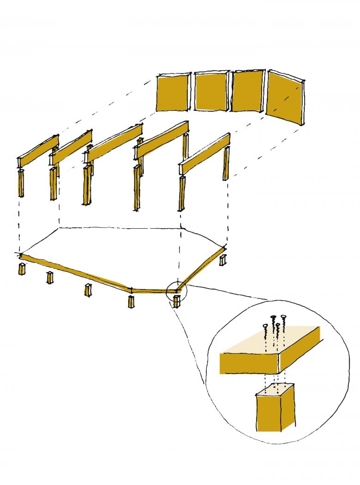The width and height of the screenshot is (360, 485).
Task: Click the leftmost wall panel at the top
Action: (x=173, y=92)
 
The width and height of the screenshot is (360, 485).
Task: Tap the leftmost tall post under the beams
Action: (x=20, y=183)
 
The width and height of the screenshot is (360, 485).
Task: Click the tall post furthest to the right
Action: (x=226, y=164)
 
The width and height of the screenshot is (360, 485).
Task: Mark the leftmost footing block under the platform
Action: (x=21, y=269)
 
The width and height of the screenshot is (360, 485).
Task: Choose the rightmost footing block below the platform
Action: (x=223, y=260)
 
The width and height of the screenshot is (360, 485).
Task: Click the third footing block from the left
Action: (x=87, y=291)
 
